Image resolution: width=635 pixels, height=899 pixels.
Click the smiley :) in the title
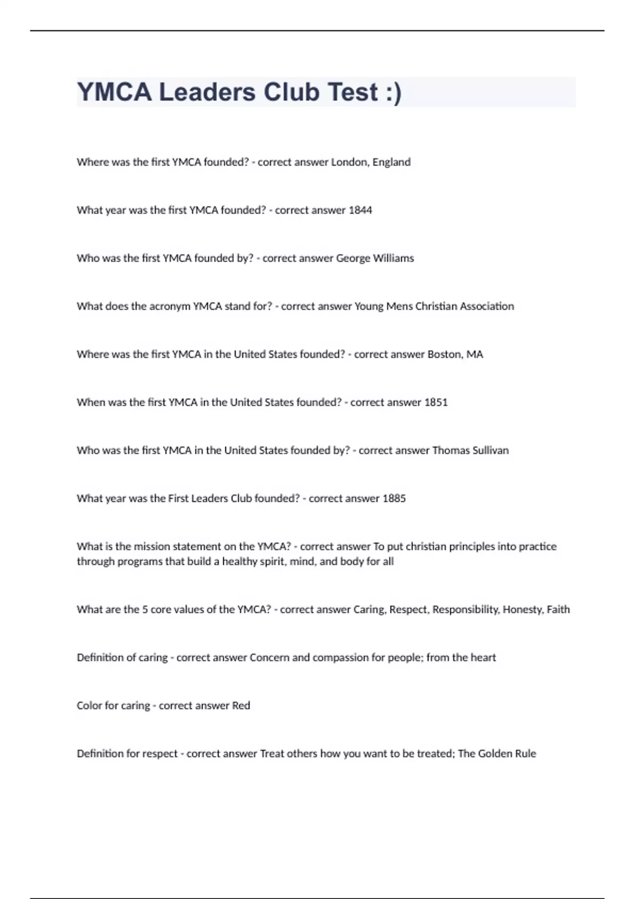(x=391, y=93)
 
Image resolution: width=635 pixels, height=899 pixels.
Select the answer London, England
(x=370, y=162)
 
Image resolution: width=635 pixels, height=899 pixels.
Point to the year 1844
(x=360, y=210)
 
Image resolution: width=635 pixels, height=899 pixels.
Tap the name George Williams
(x=375, y=258)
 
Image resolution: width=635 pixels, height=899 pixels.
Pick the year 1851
(x=436, y=402)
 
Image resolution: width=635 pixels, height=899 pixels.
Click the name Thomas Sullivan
(x=470, y=451)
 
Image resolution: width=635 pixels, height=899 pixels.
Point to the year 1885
(x=394, y=499)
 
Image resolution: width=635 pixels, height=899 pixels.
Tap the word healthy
(x=240, y=562)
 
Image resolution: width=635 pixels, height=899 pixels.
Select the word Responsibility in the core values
(x=466, y=610)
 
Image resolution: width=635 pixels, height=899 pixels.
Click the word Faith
(x=558, y=610)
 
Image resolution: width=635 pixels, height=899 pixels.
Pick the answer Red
(x=241, y=705)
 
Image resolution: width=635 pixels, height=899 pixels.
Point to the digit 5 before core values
(x=145, y=610)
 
